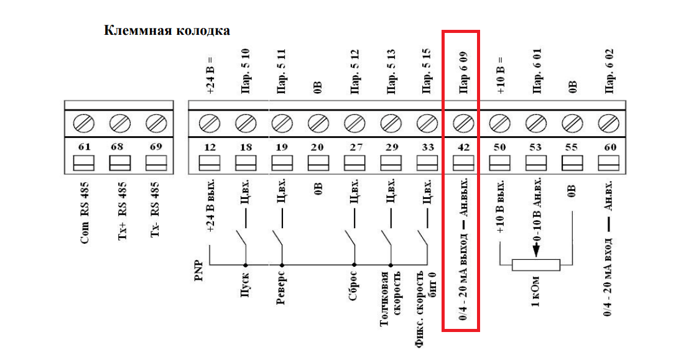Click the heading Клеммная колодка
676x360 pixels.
click(167, 30)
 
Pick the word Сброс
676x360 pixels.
click(354, 287)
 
